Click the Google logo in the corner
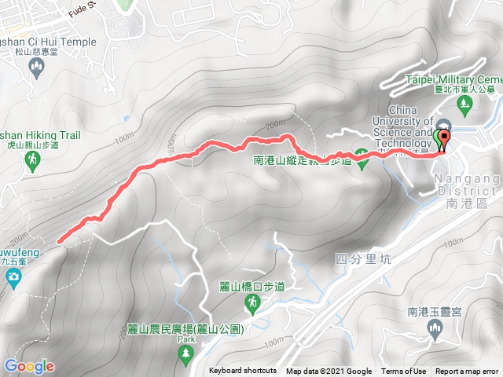tap(29, 366)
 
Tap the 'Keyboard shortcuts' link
tap(243, 372)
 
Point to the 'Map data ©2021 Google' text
tap(329, 372)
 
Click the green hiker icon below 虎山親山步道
tap(32, 160)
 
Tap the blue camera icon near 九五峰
tap(13, 276)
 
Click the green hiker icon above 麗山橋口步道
tap(226, 269)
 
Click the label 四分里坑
tap(362, 258)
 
